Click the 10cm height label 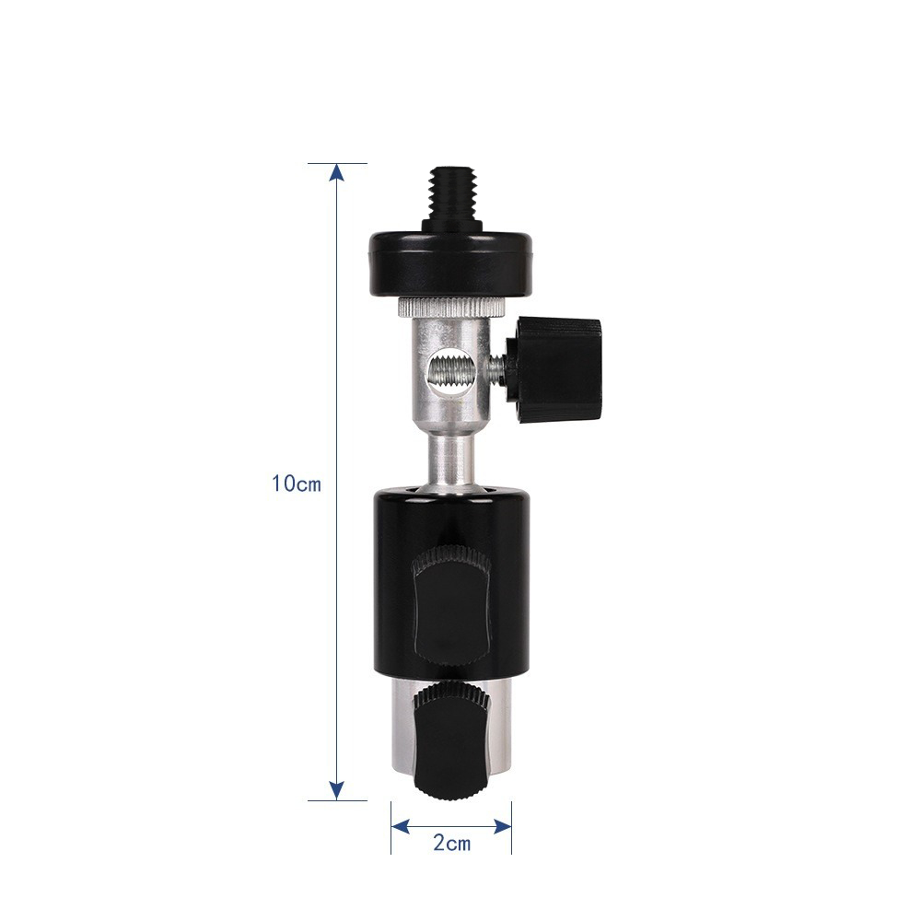click(x=297, y=484)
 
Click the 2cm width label click(x=451, y=844)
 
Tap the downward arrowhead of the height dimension click(x=336, y=790)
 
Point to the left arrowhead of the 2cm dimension click(x=400, y=826)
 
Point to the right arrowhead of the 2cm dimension click(x=503, y=826)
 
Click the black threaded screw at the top click(x=450, y=199)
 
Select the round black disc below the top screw click(x=450, y=264)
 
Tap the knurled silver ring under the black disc click(x=450, y=306)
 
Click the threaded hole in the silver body click(x=449, y=377)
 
